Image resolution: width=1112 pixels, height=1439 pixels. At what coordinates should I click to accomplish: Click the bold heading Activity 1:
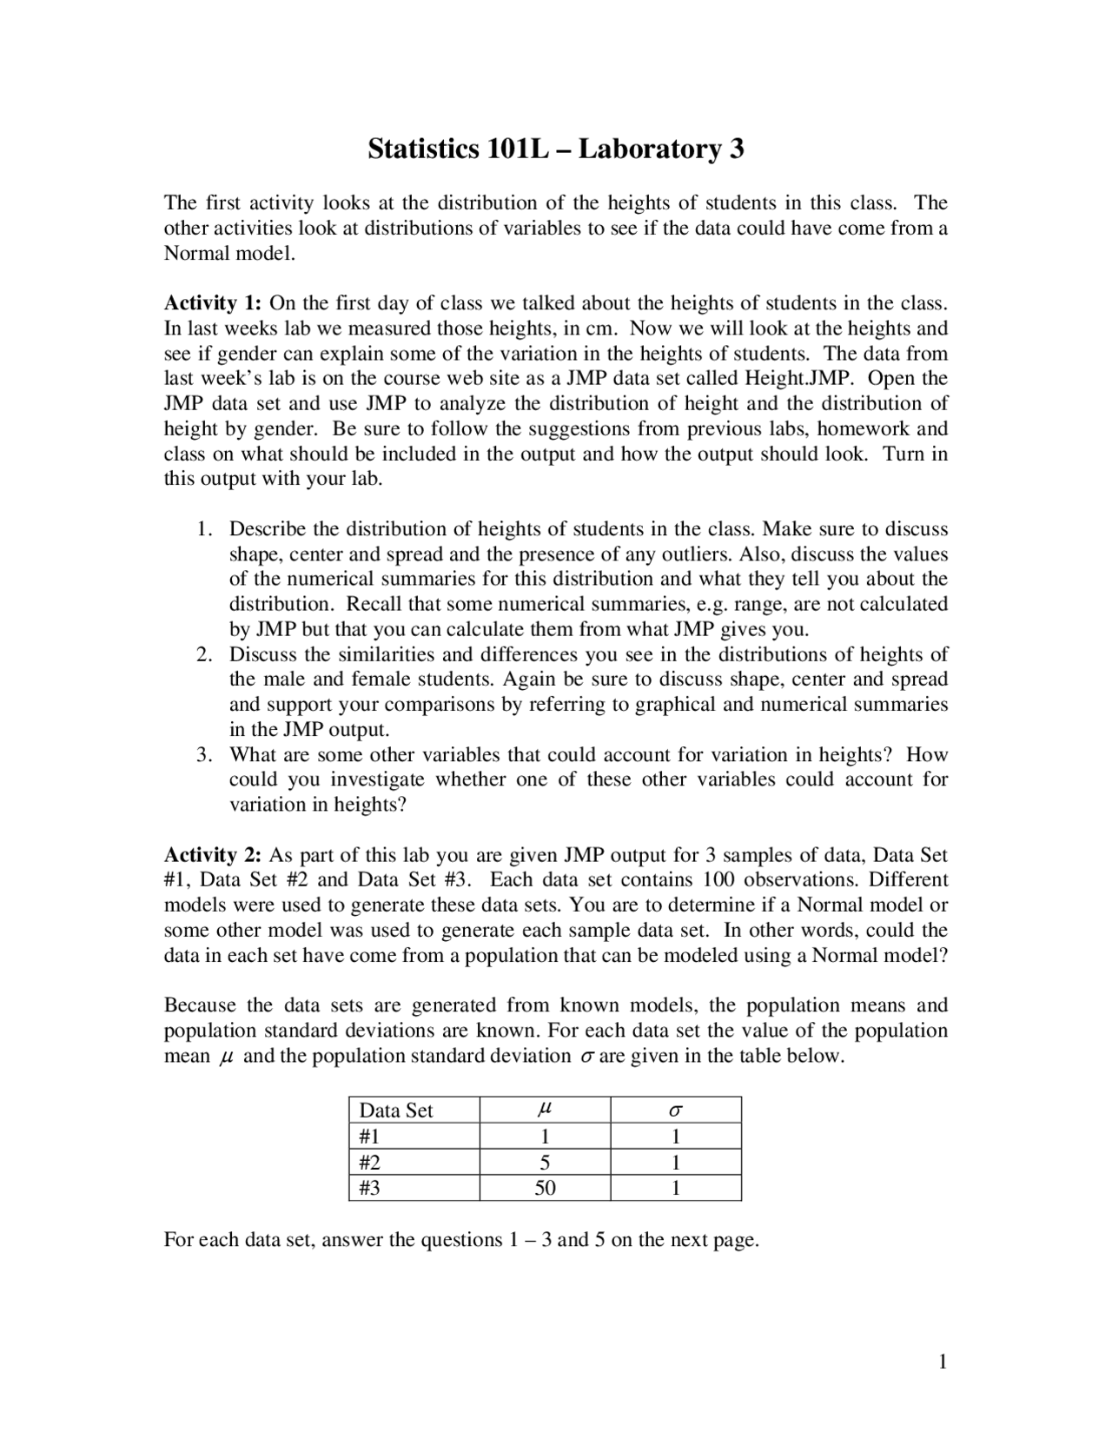tap(213, 303)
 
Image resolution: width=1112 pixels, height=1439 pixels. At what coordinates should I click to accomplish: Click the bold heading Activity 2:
tap(213, 854)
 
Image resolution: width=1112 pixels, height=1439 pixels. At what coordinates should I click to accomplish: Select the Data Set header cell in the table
tap(396, 1111)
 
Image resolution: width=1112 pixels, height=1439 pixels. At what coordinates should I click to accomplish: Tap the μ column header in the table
tap(545, 1111)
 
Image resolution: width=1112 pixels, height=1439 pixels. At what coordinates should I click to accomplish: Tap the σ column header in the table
tap(676, 1111)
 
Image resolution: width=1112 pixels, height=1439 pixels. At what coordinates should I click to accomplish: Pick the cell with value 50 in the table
tap(545, 1188)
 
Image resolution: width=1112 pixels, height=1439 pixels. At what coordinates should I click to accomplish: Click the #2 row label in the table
tap(369, 1163)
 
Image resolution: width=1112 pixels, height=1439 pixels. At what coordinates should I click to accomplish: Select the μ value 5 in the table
tap(545, 1163)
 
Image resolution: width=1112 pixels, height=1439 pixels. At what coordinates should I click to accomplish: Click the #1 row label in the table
tap(369, 1137)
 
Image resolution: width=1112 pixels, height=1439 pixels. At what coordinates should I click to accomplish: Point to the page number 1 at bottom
tap(942, 1362)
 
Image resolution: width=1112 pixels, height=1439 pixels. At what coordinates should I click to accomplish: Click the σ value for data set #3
tap(676, 1188)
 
